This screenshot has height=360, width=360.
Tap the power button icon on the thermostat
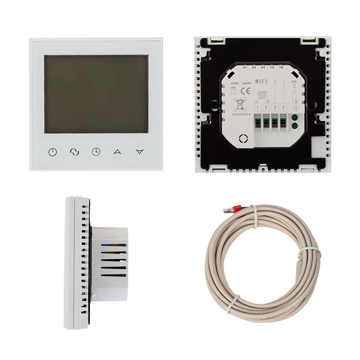pyautogui.click(x=53, y=152)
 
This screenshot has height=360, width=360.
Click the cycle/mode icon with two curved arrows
pyautogui.click(x=74, y=152)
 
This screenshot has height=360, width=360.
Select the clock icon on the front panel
pyautogui.click(x=96, y=152)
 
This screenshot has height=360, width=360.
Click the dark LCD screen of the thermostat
pyautogui.click(x=96, y=94)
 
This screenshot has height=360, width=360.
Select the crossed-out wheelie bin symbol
pyautogui.click(x=239, y=106)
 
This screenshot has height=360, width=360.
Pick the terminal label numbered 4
pyautogui.click(x=282, y=107)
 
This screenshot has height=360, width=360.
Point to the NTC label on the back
pyautogui.click(x=294, y=82)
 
